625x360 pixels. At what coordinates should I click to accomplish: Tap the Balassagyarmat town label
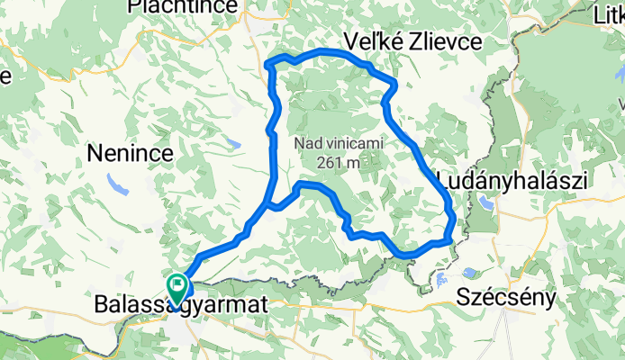coord(180,307)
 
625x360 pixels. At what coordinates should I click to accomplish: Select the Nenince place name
coord(130,154)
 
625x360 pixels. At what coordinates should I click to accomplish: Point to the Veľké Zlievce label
coord(413,41)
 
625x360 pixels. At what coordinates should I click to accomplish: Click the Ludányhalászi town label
coord(511,180)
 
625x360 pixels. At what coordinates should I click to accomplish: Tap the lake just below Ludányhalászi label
coord(487,203)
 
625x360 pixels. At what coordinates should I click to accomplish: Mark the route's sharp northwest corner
coord(271,62)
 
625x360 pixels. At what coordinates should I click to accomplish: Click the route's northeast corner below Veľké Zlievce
coord(394,84)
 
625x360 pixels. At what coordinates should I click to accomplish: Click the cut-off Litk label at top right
coord(610,14)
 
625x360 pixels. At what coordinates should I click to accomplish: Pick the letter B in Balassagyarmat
coord(101,307)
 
